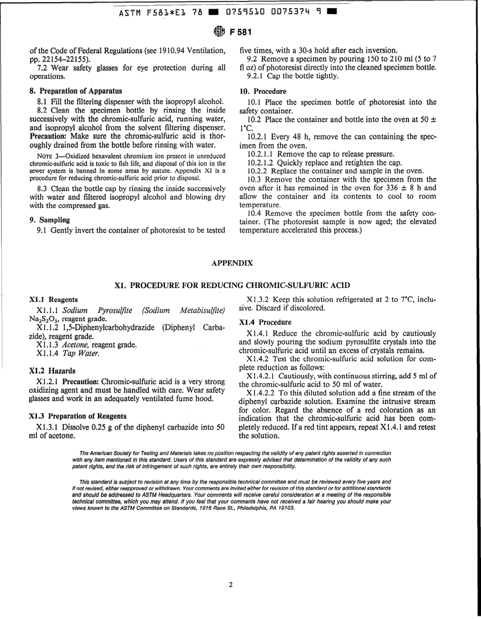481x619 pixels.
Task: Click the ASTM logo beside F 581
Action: pyautogui.click(x=218, y=31)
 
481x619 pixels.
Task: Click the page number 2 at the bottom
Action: pyautogui.click(x=230, y=585)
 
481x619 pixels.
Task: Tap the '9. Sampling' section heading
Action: pyautogui.click(x=50, y=220)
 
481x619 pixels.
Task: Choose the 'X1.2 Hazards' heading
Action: pyautogui.click(x=52, y=371)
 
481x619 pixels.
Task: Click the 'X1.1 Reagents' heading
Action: pyautogui.click(x=54, y=300)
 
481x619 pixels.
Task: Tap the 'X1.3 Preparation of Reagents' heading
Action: pyautogui.click(x=78, y=416)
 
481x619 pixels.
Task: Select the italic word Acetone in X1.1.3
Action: pyautogui.click(x=76, y=345)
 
